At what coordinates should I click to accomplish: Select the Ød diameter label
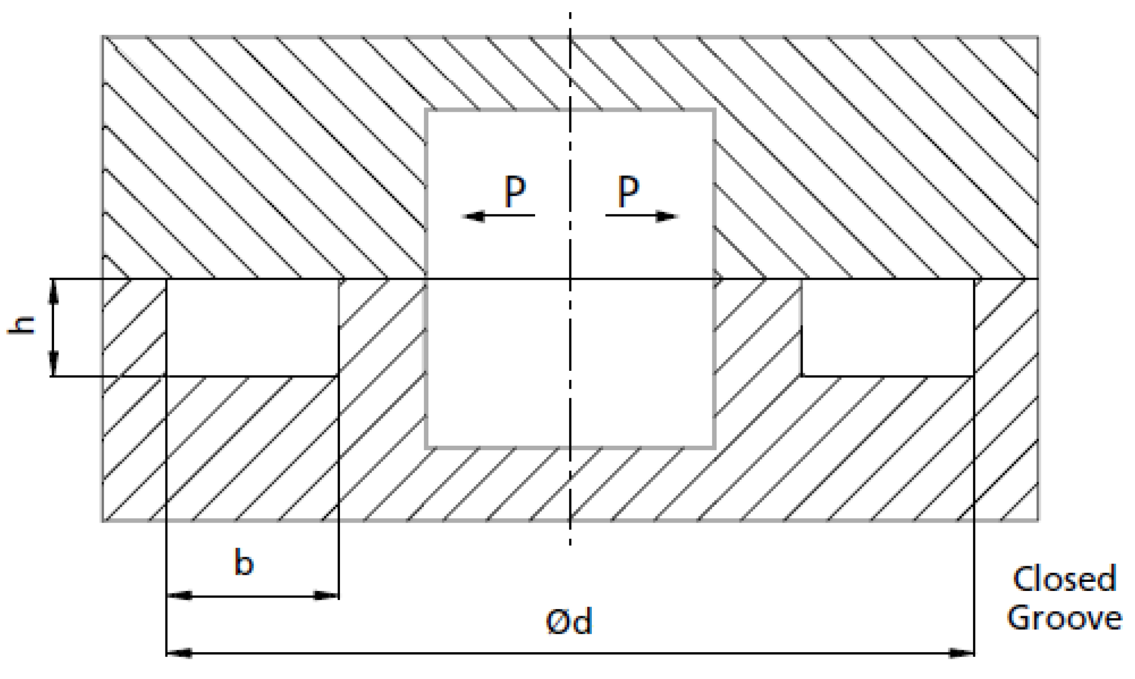(569, 622)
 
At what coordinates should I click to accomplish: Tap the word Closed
(1064, 579)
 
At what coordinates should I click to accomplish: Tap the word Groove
(1064, 618)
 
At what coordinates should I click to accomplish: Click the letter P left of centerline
(515, 192)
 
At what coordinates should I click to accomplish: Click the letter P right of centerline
(629, 192)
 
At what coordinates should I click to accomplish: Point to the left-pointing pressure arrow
(499, 217)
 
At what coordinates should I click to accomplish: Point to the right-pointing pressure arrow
(641, 217)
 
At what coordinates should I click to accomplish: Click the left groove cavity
(252, 327)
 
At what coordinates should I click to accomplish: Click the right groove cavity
(888, 327)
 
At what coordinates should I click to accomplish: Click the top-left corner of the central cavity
(427, 111)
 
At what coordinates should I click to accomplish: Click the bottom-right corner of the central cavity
(714, 447)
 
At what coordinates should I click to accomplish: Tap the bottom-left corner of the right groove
(802, 376)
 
